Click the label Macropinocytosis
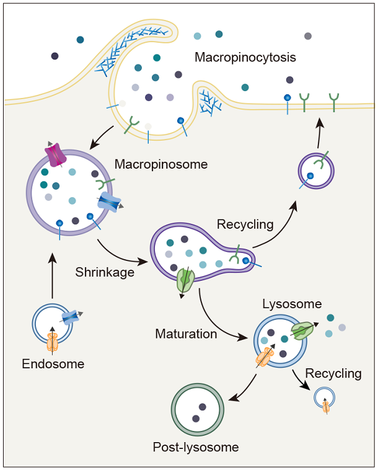point(245,58)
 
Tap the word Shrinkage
point(105,272)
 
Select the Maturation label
point(186,334)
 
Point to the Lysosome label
point(292,304)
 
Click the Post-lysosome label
point(196,446)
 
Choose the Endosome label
point(53,364)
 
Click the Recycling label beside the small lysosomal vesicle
point(333,373)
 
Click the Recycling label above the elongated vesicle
point(246,223)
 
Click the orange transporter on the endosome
point(51,342)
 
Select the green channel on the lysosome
point(302,331)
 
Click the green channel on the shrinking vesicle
point(185,280)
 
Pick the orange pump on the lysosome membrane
point(265,358)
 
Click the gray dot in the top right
point(308,37)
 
